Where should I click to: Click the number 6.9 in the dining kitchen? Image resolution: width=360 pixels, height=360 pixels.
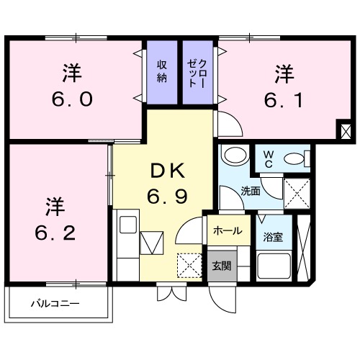coord(167,195)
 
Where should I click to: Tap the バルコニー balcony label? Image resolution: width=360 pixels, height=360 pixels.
coord(54,303)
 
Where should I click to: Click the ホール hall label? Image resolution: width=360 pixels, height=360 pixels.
coord(227,232)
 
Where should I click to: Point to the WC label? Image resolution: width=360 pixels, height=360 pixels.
coord(267,158)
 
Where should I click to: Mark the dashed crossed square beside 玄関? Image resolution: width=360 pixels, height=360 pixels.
coord(190,264)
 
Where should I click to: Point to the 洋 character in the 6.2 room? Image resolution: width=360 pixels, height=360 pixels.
coord(56,205)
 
